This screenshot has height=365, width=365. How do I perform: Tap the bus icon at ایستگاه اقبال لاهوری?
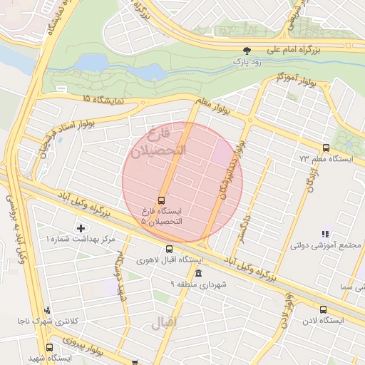coord(169,250)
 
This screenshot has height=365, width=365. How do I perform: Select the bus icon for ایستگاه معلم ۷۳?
coord(326,148)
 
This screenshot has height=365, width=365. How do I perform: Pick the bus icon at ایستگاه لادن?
coord(323,310)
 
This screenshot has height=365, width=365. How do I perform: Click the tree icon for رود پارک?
coord(247,51)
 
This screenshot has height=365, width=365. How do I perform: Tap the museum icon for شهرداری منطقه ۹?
coord(197,274)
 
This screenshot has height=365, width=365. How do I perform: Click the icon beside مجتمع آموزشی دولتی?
coord(325,233)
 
